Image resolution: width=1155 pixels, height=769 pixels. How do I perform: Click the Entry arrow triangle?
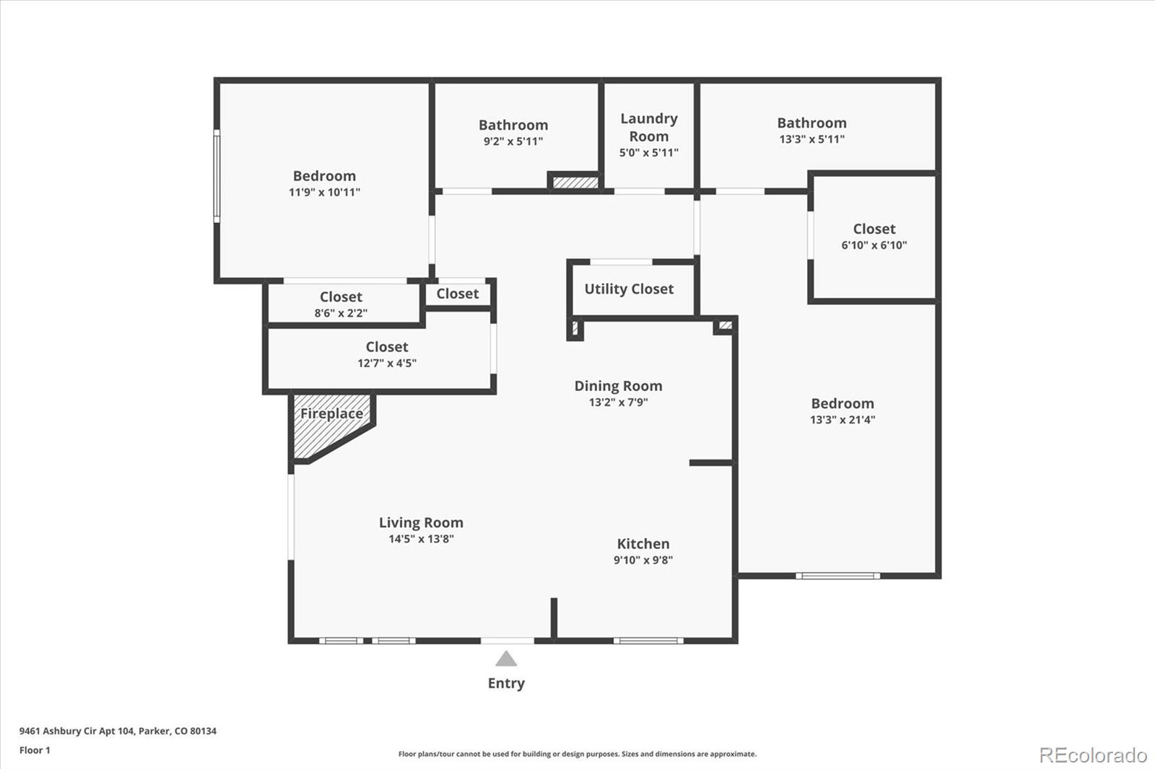pyautogui.click(x=506, y=659)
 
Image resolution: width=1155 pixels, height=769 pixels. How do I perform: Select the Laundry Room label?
pyautogui.click(x=649, y=127)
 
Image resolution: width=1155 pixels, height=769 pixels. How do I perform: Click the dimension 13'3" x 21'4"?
pyautogui.click(x=842, y=420)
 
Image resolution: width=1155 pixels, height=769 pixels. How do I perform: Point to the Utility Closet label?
pyautogui.click(x=629, y=289)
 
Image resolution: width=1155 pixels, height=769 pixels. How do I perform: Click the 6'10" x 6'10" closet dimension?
pyautogui.click(x=873, y=245)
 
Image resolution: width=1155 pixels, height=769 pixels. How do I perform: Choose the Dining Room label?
pyautogui.click(x=618, y=386)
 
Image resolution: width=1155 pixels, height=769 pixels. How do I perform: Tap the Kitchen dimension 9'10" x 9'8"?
pyautogui.click(x=643, y=560)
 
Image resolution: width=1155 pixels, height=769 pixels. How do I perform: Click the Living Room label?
pyautogui.click(x=421, y=523)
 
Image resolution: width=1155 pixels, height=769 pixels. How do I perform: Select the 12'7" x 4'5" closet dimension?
pyautogui.click(x=387, y=364)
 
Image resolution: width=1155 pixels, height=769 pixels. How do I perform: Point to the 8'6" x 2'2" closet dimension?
pyautogui.click(x=341, y=313)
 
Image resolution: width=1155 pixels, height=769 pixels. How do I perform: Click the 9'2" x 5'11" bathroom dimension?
pyautogui.click(x=513, y=141)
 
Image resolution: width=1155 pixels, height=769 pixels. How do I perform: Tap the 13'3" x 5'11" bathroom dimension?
pyautogui.click(x=811, y=139)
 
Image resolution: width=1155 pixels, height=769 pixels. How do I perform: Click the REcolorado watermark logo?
pyautogui.click(x=1093, y=755)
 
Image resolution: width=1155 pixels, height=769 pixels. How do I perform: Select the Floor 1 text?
pyautogui.click(x=35, y=750)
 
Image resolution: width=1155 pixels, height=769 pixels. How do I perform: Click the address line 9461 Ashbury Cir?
pyautogui.click(x=118, y=731)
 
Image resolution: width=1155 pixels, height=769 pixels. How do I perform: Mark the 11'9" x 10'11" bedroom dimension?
pyautogui.click(x=324, y=193)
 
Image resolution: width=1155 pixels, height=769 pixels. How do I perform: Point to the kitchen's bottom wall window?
pyautogui.click(x=648, y=641)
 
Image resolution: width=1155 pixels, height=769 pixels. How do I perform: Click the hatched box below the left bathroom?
pyautogui.click(x=575, y=183)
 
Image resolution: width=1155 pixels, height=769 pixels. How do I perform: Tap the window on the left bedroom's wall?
pyautogui.click(x=216, y=175)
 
